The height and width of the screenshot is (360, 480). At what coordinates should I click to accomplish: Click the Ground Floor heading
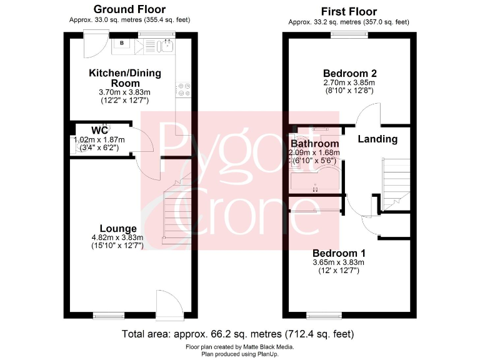[129, 9]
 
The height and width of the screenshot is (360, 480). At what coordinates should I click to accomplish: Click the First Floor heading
[349, 11]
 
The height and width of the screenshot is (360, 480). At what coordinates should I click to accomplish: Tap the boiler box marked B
[122, 44]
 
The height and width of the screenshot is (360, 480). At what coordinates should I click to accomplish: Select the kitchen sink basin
[167, 45]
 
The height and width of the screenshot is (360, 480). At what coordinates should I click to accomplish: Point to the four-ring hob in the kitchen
[184, 90]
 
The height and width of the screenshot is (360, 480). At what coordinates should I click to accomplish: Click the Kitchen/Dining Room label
[125, 77]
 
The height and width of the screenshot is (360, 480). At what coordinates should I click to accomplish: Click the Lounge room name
[118, 228]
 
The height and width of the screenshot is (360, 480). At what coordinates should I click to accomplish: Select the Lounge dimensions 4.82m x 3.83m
[118, 237]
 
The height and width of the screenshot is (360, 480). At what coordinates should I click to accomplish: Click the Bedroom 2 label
[349, 73]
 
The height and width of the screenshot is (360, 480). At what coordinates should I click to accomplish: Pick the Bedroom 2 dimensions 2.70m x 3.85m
[349, 83]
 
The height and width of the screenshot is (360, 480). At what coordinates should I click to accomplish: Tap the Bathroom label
[314, 144]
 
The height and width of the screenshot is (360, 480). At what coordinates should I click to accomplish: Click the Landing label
[377, 139]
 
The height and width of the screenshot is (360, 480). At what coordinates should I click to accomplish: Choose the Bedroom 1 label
[340, 253]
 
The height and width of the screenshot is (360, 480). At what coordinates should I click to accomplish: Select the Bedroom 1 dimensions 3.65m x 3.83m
[340, 262]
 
